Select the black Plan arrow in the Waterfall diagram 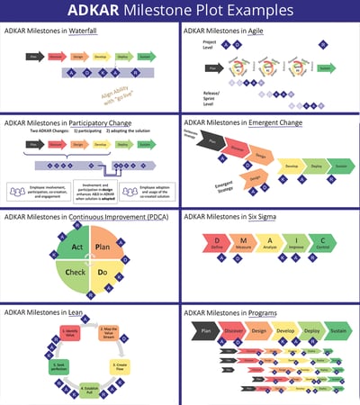[x=33, y=56]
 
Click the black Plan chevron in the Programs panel [x=205, y=330]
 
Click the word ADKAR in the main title [x=97, y=11]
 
